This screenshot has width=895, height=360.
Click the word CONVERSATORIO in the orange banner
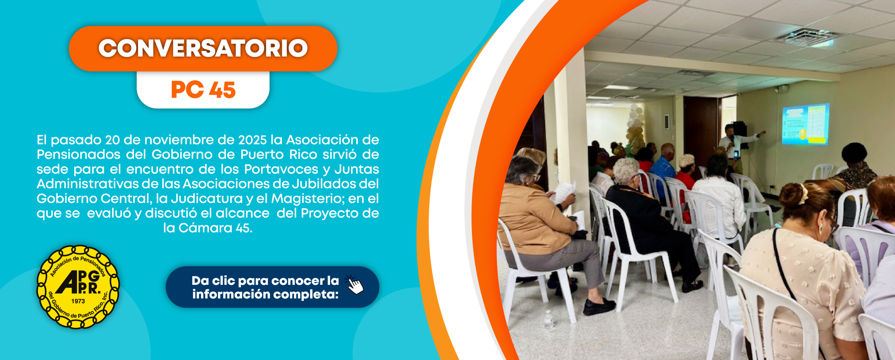pyautogui.click(x=203, y=48)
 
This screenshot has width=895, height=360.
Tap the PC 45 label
pyautogui.click(x=203, y=90)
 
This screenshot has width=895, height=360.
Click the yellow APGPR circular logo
pyautogui.click(x=78, y=287)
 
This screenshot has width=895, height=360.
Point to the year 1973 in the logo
pyautogui.click(x=78, y=301)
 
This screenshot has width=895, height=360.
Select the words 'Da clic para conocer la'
pyautogui.click(x=265, y=281)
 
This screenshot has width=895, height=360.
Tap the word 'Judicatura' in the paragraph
pyautogui.click(x=207, y=199)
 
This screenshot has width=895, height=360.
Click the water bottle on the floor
pyautogui.click(x=549, y=319)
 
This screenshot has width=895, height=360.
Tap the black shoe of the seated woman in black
pyautogui.click(x=599, y=306)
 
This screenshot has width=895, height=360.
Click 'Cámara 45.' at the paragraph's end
pyautogui.click(x=215, y=228)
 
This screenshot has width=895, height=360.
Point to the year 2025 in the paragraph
pyautogui.click(x=252, y=140)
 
